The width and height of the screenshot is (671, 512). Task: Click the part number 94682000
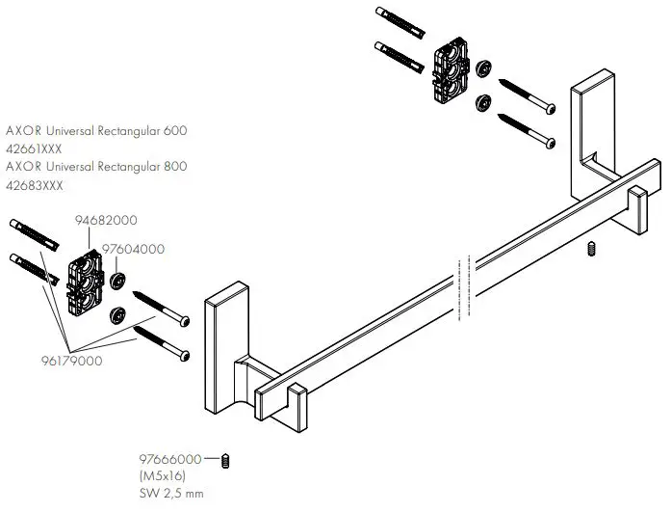pyautogui.click(x=105, y=220)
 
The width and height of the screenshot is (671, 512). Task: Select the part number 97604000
pyautogui.click(x=134, y=249)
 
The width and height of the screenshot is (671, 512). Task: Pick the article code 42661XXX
pyautogui.click(x=35, y=149)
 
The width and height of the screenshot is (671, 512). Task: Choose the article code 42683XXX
pyautogui.click(x=35, y=183)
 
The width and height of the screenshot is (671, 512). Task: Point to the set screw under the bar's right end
pyautogui.click(x=591, y=251)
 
